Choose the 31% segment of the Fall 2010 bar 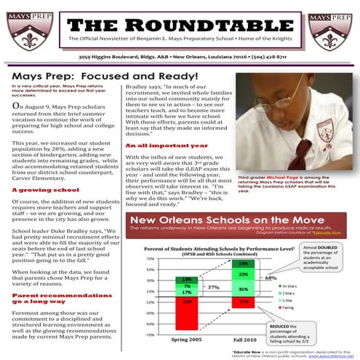coord(244,289)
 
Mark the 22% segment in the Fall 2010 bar coord(244,273)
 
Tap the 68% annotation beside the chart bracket coord(271,278)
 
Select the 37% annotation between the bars coord(213,287)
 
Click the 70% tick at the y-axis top coord(150,258)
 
